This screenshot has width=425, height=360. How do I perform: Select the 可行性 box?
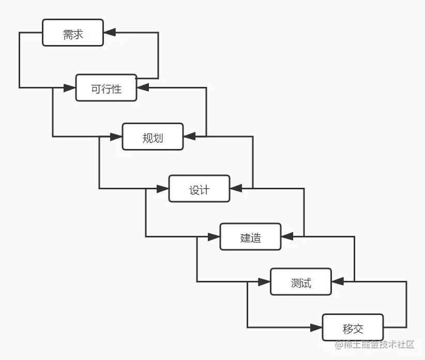(107, 88)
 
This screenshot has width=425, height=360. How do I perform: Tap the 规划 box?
(153, 137)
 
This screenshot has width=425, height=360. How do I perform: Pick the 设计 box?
(199, 189)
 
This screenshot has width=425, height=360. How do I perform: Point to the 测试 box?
(301, 282)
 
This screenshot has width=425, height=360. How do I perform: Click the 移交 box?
(353, 327)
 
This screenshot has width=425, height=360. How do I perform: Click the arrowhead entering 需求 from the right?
(110, 33)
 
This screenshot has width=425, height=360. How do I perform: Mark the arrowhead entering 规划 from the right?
(189, 137)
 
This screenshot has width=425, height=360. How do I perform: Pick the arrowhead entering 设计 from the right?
(236, 188)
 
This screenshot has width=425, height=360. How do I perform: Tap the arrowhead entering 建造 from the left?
(214, 237)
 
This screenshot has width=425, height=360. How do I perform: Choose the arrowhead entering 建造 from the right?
(287, 236)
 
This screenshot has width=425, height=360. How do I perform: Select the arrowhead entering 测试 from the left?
(265, 282)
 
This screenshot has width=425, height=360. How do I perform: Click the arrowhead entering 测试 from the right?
(338, 282)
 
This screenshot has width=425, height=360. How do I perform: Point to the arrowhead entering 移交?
(316, 327)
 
